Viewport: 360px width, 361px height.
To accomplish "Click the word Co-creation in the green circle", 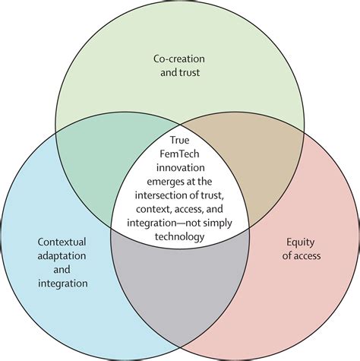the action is tap(179, 59).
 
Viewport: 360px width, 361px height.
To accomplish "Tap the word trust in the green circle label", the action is tap(190, 72).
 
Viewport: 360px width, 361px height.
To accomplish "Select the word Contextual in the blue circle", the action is tap(62, 242).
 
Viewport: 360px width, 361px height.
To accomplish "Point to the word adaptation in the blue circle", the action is tap(62, 256).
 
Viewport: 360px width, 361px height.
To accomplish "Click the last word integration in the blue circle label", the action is tap(63, 283).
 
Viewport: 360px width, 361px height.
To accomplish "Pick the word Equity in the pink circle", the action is tap(301, 242).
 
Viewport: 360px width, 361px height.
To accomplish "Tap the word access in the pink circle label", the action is tap(306, 256).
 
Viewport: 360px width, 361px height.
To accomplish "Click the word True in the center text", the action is tap(179, 140).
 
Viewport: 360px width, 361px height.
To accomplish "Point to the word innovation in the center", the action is tap(180, 168).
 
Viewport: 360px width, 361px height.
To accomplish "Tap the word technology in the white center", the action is tap(179, 237).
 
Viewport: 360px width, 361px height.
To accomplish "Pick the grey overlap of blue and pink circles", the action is tap(180, 279).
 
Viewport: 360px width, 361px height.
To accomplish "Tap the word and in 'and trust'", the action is tap(169, 72).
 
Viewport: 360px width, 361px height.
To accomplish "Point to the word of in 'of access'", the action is tap(286, 256).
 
